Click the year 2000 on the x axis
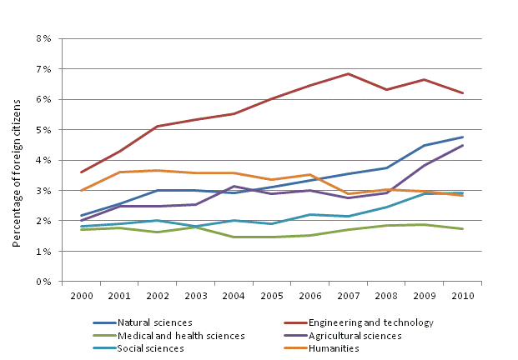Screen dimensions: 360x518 tap(81, 296)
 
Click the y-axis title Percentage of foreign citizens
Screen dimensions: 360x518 tap(16, 160)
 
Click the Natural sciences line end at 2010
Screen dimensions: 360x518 tap(463, 137)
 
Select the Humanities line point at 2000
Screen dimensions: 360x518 tap(81, 190)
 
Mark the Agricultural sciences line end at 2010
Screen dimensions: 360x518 tap(463, 145)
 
